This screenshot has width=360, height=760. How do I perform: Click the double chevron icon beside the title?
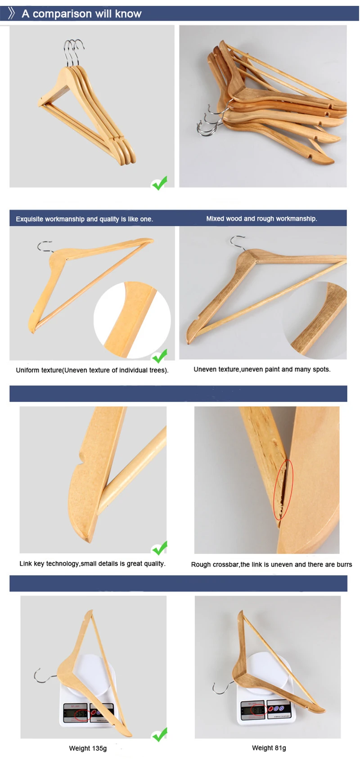tap(12, 13)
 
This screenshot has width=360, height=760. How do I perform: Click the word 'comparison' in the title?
tap(62, 14)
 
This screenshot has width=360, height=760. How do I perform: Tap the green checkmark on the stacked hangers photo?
tap(159, 183)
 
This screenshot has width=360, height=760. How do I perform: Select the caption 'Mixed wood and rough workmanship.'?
tap(261, 219)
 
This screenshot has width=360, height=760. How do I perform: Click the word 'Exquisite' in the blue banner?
tap(30, 219)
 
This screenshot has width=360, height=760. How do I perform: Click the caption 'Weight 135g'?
tap(88, 748)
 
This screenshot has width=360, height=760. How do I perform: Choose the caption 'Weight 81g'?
tap(269, 748)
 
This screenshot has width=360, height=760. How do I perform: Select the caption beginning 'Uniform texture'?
tap(92, 370)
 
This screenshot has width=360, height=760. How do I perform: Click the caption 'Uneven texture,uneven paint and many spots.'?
tap(262, 369)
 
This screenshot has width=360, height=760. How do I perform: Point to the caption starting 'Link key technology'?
tap(92, 563)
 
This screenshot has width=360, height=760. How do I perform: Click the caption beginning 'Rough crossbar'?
tap(271, 564)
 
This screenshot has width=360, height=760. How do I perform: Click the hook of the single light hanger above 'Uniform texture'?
tap(44, 247)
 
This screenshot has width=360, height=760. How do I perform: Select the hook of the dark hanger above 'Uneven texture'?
tap(237, 242)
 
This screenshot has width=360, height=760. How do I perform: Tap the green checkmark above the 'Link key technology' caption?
tap(160, 548)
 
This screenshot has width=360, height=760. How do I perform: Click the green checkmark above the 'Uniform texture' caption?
tap(160, 356)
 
